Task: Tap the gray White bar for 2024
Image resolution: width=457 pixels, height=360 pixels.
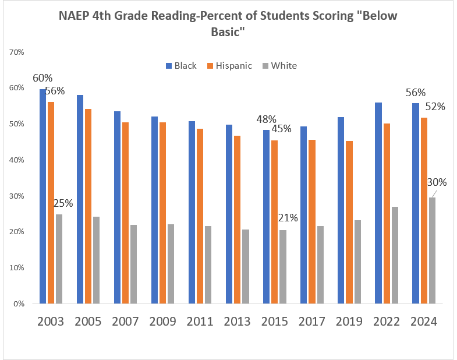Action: point(431,250)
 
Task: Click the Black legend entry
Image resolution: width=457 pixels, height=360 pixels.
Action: point(181,65)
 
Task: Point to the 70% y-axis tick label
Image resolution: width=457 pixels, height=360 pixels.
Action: point(16,52)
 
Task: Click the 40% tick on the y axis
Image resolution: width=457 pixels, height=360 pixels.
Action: point(16,160)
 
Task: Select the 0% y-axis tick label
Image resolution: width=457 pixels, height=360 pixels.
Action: point(19,303)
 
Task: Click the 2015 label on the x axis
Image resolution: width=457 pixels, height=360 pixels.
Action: point(274,322)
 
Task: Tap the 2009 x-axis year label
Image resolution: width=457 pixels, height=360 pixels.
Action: point(162,322)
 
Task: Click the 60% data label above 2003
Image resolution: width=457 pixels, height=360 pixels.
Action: point(42,78)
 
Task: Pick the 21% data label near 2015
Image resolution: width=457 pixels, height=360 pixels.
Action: point(287,218)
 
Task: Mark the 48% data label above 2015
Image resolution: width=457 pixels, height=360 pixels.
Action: point(267,119)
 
